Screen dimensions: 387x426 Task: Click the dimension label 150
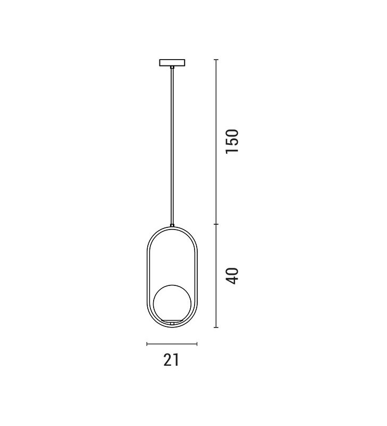point(232,141)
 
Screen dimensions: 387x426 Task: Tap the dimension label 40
point(232,276)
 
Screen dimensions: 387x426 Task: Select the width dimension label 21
point(171,360)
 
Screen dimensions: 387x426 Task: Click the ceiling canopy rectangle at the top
point(172,62)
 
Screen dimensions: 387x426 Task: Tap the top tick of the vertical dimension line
point(216,60)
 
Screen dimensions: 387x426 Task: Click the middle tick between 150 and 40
point(216,224)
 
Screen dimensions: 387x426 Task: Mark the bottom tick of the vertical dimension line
point(216,327)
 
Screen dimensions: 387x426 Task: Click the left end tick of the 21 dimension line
point(147,344)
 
